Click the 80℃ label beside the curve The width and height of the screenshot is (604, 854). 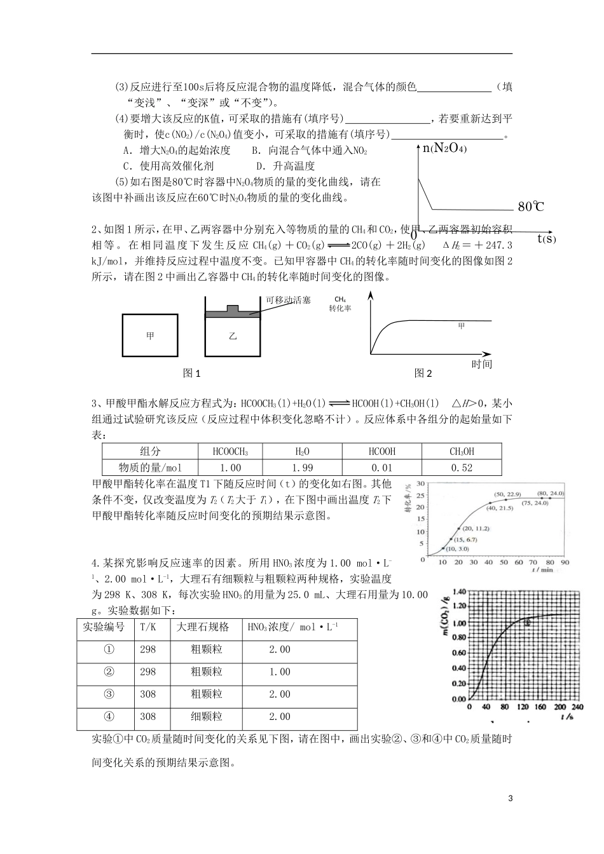[x=531, y=207]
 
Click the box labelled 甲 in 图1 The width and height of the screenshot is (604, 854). [x=150, y=335]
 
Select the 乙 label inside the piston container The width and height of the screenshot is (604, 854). [x=233, y=335]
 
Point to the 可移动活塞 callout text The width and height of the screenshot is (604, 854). [x=288, y=300]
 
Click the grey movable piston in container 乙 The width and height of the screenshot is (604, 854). [x=233, y=312]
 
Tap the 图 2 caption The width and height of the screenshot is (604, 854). [x=423, y=374]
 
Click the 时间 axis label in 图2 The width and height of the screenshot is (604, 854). [x=481, y=364]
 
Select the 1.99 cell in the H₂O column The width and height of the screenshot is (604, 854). [x=302, y=468]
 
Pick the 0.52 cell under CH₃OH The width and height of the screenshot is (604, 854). [x=462, y=468]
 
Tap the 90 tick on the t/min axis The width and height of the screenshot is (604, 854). [x=565, y=562]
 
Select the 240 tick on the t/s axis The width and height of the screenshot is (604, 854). [x=577, y=707]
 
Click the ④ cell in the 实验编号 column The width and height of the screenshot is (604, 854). [x=109, y=717]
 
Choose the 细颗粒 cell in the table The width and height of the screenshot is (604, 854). [x=207, y=717]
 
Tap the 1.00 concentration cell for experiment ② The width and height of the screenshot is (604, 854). [x=280, y=672]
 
